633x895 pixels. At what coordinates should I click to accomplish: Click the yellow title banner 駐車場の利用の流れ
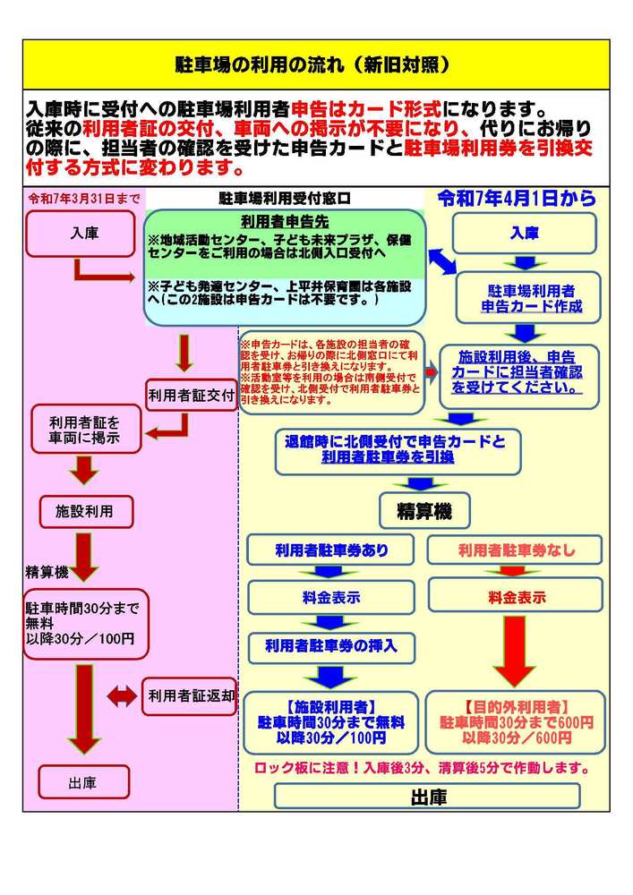[x=316, y=65]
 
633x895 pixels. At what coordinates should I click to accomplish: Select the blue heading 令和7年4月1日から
[x=517, y=200]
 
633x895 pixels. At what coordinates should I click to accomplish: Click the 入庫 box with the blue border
[x=525, y=233]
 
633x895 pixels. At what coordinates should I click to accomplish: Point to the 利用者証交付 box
[x=191, y=393]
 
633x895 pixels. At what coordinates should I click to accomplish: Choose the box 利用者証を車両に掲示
[x=86, y=430]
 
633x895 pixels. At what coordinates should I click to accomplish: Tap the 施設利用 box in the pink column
[x=87, y=512]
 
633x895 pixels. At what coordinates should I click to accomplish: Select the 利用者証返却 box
[x=191, y=695]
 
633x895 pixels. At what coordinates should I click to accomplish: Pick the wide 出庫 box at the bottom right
[x=427, y=796]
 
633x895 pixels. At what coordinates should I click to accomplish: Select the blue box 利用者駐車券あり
[x=331, y=550]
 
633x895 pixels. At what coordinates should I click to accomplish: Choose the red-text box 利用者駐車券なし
[x=516, y=550]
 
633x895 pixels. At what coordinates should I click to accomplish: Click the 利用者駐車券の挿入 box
[x=331, y=644]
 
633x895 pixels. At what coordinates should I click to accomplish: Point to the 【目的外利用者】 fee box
[x=515, y=720]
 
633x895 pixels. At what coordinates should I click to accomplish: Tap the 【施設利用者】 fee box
[x=331, y=720]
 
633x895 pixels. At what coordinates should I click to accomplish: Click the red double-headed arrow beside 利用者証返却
[x=122, y=695]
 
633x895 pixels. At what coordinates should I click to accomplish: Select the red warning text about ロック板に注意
[x=422, y=768]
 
